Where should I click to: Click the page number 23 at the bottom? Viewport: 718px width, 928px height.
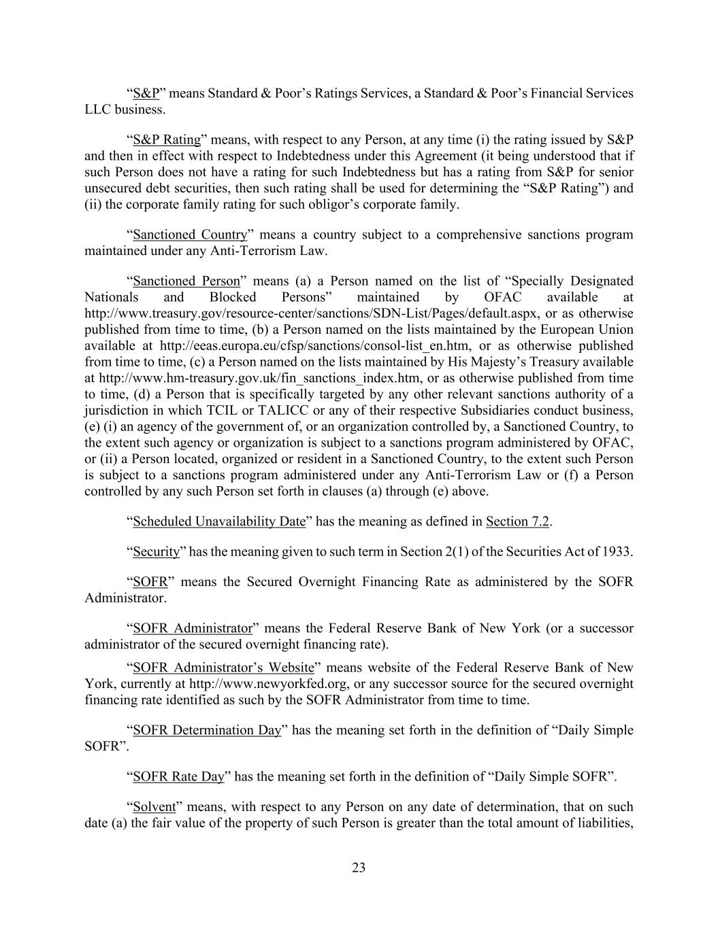tap(359, 867)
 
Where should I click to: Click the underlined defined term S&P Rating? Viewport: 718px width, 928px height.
tap(167, 140)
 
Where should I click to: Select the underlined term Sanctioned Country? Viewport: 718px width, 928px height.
tap(190, 235)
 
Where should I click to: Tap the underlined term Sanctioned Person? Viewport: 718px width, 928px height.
tap(186, 281)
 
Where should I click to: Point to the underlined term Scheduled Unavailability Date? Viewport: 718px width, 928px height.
tap(219, 521)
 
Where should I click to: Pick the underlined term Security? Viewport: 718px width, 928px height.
tap(156, 551)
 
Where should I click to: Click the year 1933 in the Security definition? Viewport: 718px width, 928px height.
tap(617, 551)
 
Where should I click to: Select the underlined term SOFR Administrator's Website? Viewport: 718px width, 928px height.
tap(223, 668)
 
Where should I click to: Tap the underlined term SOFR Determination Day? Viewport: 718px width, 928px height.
tap(207, 730)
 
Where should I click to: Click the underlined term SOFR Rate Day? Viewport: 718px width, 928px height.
tap(178, 776)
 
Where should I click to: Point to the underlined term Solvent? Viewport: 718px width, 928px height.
tap(154, 807)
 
